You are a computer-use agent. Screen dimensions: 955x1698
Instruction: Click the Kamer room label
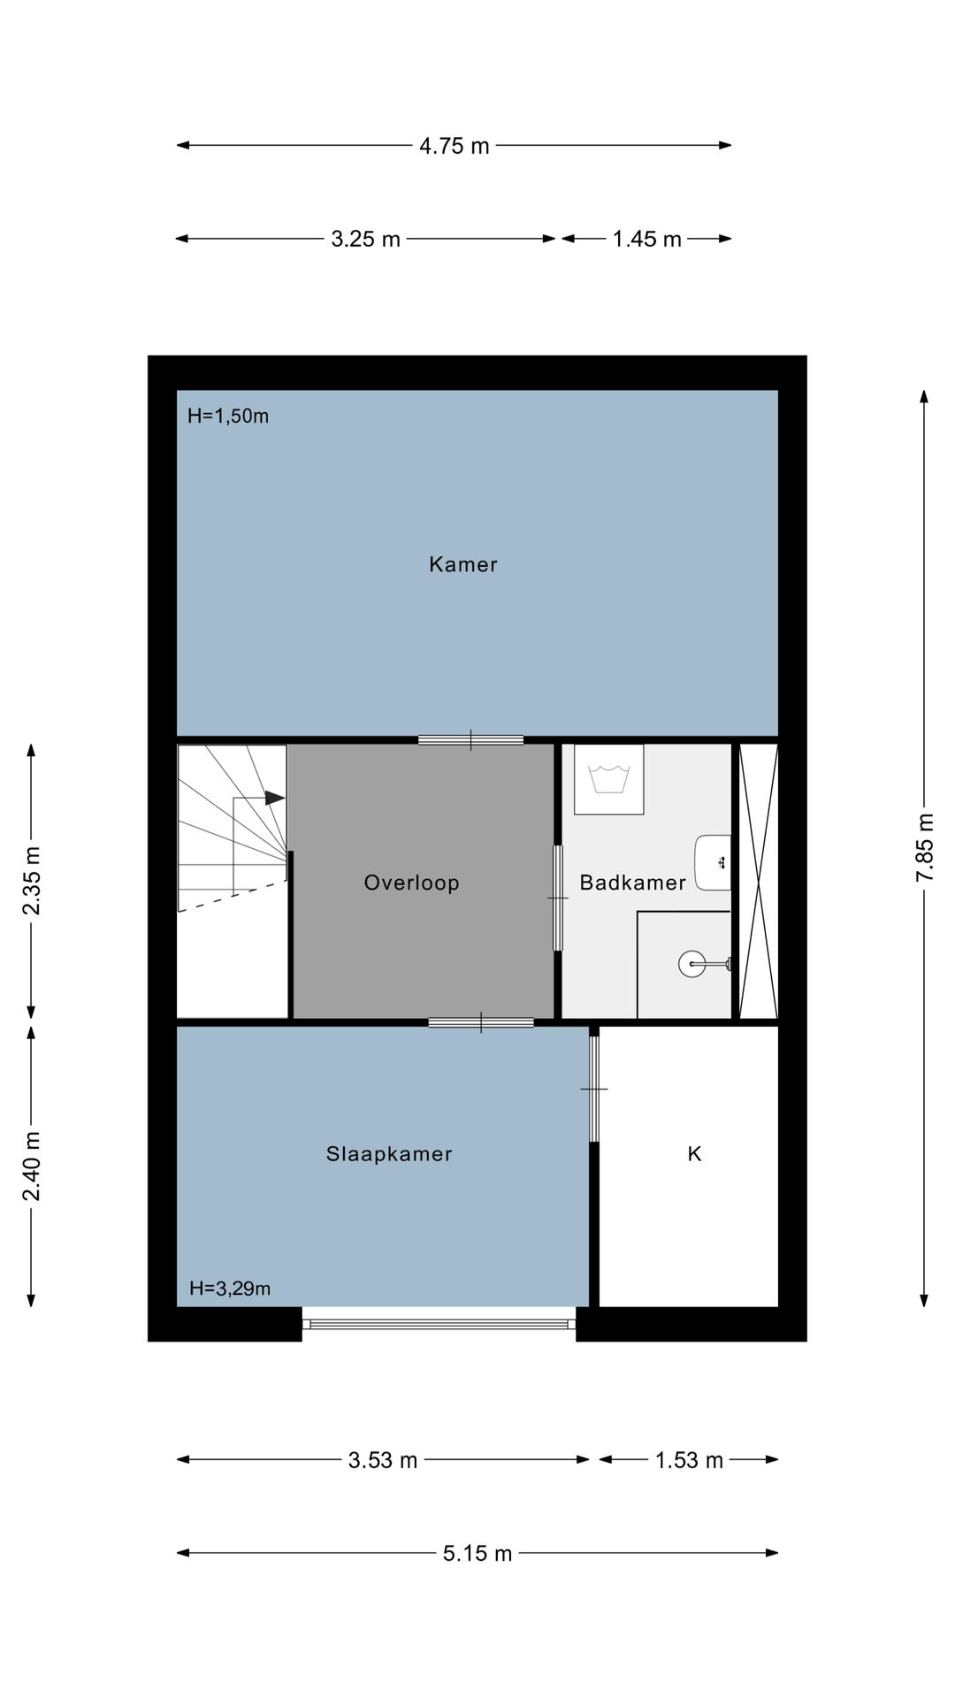pos(463,564)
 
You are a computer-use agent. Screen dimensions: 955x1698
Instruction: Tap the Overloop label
pos(412,883)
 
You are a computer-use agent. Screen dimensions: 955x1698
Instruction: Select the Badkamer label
pos(633,883)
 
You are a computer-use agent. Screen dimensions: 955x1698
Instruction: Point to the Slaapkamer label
pos(389,1154)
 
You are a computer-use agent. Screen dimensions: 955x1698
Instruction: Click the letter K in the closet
pos(694,1154)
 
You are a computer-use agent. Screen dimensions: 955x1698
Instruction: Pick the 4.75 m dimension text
pos(455,146)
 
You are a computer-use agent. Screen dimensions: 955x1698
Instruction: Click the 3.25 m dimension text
pos(366,239)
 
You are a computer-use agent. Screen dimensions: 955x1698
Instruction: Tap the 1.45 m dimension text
pos(647,239)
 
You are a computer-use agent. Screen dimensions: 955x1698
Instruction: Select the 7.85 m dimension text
pos(925,847)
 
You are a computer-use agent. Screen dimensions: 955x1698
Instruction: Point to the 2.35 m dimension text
pos(32,881)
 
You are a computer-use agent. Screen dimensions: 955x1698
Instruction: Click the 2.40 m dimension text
pos(32,1166)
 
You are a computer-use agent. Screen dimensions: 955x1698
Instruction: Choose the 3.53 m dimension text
pos(383,1460)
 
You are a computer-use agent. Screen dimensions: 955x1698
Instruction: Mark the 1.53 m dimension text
pos(689,1460)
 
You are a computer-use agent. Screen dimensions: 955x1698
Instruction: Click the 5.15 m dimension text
pos(477,1554)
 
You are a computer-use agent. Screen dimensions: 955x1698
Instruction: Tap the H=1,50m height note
pos(228,416)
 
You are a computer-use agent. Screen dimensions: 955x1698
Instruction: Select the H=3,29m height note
pos(230,1289)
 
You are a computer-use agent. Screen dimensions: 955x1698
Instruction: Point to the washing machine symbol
pos(608,779)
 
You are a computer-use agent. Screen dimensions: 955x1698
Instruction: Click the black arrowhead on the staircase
pos(275,798)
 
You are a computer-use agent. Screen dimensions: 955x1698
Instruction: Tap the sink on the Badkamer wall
pos(713,862)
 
